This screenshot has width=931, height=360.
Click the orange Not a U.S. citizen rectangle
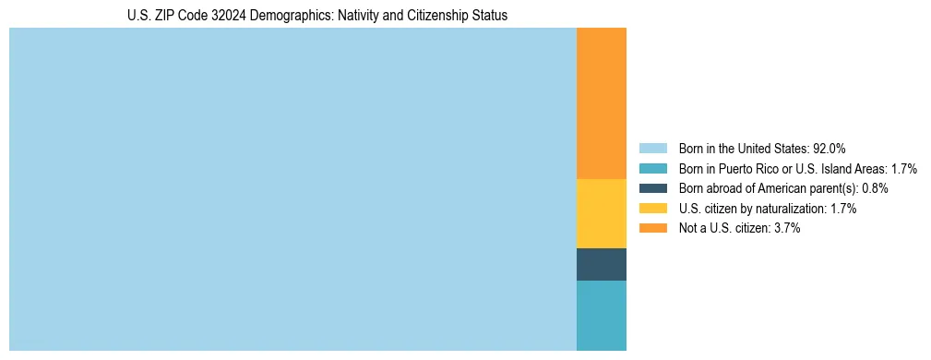[601, 103]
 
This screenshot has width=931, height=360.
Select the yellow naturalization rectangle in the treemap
[601, 213]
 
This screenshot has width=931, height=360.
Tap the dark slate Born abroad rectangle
[601, 264]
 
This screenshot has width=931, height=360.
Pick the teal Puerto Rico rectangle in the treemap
[601, 315]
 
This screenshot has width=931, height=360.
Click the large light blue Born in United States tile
[292, 189]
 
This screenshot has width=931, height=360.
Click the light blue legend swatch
[652, 149]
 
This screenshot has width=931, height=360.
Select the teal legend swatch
[652, 169]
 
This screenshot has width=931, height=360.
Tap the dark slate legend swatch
[652, 188]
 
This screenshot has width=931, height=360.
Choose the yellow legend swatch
[652, 209]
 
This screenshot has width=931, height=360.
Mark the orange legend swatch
[652, 228]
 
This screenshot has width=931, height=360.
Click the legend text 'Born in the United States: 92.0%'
[762, 149]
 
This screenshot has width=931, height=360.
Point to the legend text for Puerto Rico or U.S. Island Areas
[797, 169]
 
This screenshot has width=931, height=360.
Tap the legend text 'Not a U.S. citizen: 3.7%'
[739, 228]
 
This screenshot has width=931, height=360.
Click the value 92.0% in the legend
[829, 149]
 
